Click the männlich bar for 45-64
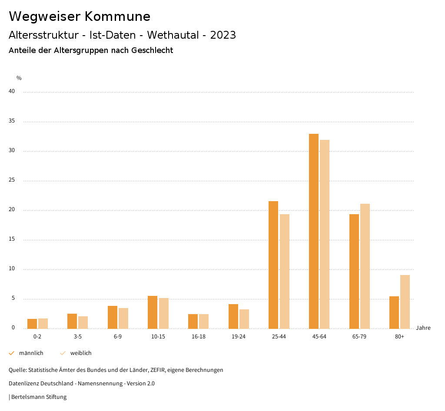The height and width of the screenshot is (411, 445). click(314, 231)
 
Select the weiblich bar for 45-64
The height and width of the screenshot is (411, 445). click(325, 234)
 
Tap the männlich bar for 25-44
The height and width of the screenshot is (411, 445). click(273, 265)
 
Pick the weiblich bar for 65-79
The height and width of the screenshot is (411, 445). click(365, 266)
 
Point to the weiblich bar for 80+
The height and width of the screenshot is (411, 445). click(405, 302)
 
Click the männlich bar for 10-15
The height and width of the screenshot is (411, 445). click(153, 312)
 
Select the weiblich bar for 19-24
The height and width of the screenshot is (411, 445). click(244, 319)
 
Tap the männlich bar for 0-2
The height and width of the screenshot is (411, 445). click(32, 324)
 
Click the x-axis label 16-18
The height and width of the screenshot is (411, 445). click(199, 337)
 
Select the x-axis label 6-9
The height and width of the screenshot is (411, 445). click(118, 337)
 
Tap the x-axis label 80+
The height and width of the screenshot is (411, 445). click(400, 337)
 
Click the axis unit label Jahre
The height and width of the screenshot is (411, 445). click(423, 328)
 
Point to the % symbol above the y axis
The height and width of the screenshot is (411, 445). click(19, 78)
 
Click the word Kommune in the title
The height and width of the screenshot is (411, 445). click(117, 17)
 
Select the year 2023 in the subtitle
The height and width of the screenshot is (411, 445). click(223, 35)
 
